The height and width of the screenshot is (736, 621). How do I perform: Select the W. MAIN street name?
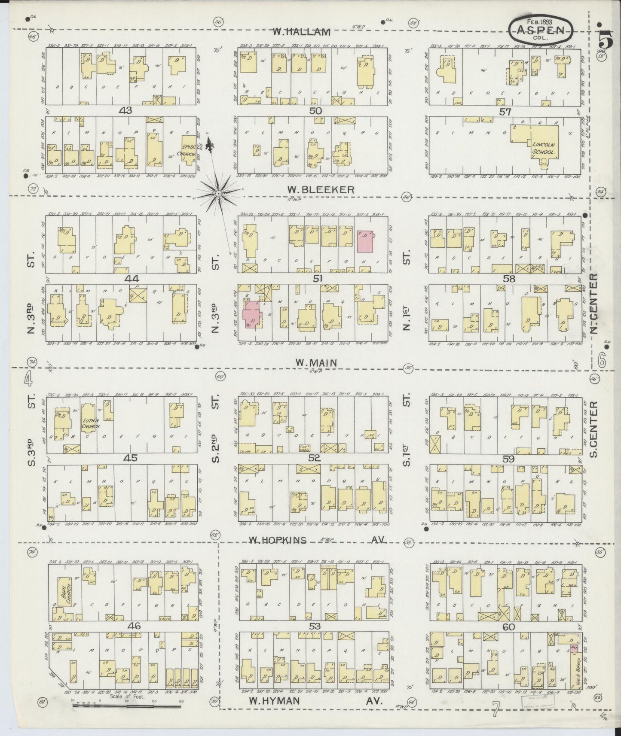click(316, 363)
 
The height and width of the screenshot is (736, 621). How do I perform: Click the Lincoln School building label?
click(545, 148)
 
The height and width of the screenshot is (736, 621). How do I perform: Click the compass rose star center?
click(218, 194)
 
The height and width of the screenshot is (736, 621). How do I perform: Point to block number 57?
click(505, 112)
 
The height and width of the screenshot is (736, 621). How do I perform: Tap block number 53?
click(315, 627)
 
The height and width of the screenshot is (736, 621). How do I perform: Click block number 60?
click(508, 627)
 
